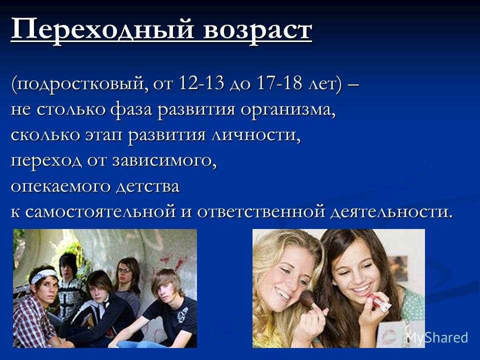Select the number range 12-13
(201, 83)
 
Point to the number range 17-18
(279, 83)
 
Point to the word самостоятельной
(100, 212)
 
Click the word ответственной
(260, 212)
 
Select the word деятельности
(391, 212)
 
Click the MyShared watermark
(437, 337)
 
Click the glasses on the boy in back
(124, 270)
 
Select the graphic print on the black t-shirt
(183, 314)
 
